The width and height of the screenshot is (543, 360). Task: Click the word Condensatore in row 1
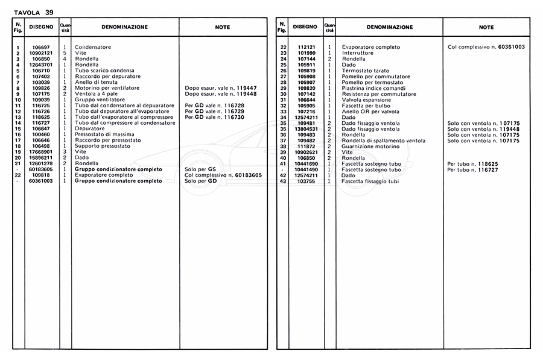92,47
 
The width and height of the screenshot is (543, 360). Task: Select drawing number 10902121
41,52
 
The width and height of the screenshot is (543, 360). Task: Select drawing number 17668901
41,152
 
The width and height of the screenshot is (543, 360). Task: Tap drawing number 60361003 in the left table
41,181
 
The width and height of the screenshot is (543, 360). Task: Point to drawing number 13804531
306,128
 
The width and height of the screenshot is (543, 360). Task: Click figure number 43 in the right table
282,181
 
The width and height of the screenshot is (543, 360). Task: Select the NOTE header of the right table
486,27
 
